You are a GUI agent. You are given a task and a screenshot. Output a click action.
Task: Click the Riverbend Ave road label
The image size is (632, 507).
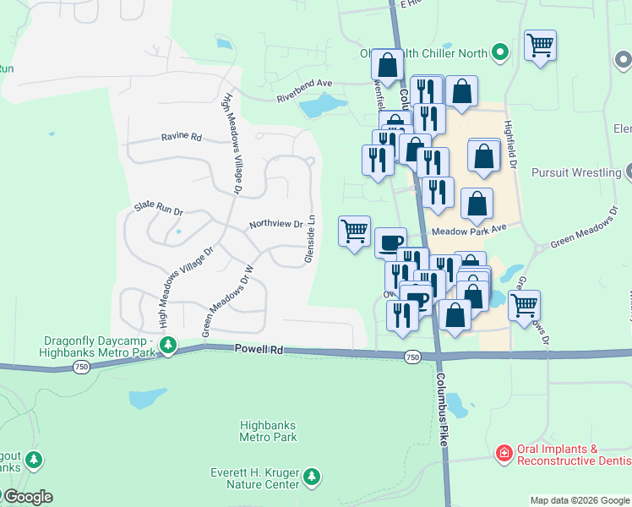[305, 91]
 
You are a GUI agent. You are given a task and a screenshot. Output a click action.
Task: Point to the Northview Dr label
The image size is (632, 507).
[275, 225]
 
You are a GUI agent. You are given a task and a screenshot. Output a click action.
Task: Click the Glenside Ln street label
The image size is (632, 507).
[310, 237]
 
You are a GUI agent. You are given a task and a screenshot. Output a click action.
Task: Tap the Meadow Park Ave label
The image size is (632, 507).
[468, 230]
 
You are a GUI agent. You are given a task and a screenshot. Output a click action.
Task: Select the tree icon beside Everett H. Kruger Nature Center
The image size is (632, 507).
[312, 477]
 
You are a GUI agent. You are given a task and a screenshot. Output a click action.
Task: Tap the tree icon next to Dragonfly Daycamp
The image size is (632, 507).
[169, 345]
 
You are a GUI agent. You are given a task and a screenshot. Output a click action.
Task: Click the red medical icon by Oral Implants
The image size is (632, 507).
[504, 454]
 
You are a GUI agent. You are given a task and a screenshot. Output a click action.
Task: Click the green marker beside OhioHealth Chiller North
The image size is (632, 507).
[500, 52]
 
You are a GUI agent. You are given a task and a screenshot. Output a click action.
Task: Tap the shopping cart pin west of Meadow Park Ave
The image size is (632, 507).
[354, 231]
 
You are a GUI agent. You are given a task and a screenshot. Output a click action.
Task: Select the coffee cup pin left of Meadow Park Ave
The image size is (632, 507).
[390, 243]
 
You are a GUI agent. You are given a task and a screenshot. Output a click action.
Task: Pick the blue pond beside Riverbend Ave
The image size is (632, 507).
[321, 106]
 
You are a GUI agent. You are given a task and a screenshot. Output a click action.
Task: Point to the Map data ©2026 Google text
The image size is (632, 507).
[580, 500]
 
